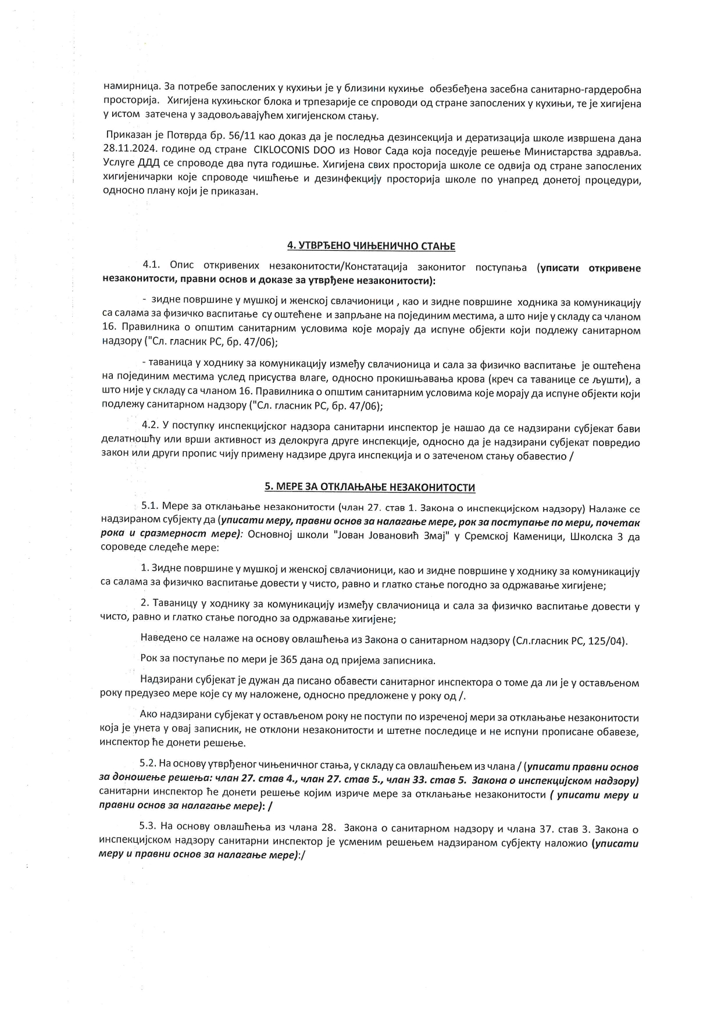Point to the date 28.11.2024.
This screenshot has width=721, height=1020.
126,152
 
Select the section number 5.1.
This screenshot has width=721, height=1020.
151,505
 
